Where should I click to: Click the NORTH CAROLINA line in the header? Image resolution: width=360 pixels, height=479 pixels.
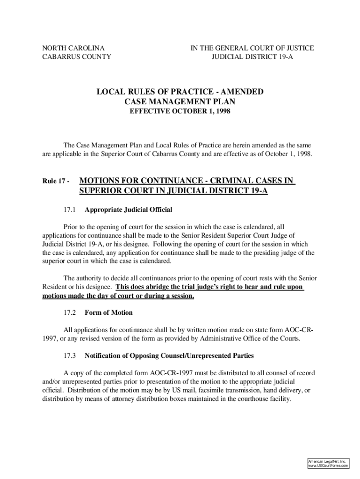tap(73, 48)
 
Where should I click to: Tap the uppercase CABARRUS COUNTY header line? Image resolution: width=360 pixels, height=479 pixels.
tap(77, 57)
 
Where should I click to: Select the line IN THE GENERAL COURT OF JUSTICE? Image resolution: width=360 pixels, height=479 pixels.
tap(252, 48)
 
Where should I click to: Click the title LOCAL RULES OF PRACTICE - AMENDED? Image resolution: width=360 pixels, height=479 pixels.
tap(180, 91)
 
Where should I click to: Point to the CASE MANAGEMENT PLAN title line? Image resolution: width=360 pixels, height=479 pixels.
tap(180, 102)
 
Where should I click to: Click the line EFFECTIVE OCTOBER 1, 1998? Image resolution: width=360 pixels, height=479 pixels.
tap(180, 112)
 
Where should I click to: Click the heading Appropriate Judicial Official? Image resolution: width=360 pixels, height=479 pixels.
tap(129, 209)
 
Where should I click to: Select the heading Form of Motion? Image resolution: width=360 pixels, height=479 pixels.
tap(108, 312)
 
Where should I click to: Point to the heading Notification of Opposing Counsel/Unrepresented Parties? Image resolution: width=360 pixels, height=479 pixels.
tap(169, 356)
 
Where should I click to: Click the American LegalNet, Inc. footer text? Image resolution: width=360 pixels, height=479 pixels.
tap(326, 461)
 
